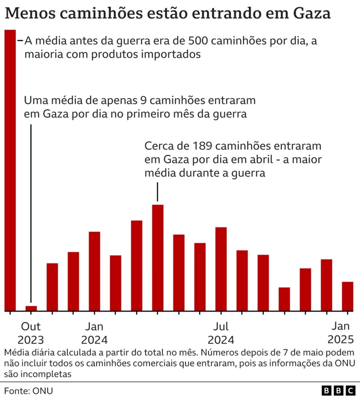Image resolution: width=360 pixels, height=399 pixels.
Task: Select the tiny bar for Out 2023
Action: click(31, 308)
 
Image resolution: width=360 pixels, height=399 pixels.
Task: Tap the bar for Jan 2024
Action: click(94, 271)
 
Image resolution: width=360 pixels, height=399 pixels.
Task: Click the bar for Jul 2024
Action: click(221, 269)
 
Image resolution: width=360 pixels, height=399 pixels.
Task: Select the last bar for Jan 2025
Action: click(348, 296)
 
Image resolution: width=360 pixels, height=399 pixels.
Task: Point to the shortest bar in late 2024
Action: click(284, 299)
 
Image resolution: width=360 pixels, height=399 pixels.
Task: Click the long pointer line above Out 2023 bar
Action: click(31, 214)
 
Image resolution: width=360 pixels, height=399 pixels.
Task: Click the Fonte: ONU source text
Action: click(29, 391)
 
